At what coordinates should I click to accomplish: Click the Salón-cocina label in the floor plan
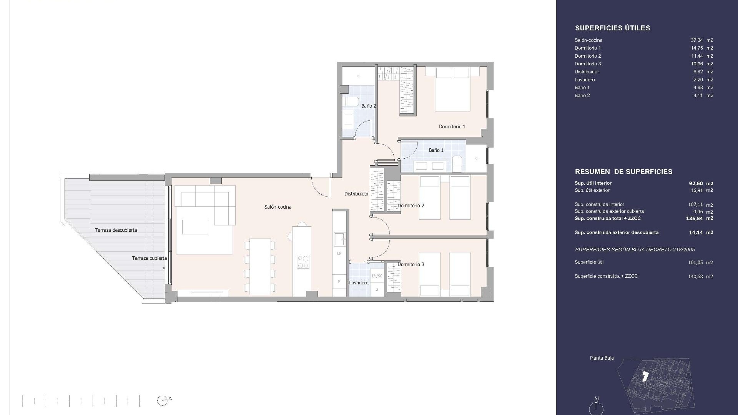point(278,207)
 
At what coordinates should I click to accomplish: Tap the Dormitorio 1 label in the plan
point(452,126)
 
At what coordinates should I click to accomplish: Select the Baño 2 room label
point(368,106)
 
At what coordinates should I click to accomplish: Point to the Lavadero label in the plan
point(359,283)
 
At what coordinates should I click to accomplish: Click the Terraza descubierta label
point(116,230)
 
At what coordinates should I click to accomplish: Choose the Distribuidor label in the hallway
point(356,194)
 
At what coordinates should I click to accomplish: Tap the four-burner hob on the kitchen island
point(303,262)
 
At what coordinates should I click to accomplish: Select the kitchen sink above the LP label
point(339,239)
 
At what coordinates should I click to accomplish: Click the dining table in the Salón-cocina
point(260,266)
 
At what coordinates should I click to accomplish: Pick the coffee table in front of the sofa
point(195,227)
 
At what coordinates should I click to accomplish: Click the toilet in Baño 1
point(457,164)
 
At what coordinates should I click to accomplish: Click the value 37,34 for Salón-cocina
point(696,40)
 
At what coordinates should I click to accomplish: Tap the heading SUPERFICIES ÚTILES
point(612,28)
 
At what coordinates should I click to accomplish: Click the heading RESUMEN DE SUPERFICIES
point(623,172)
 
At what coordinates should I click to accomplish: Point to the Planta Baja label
point(602,358)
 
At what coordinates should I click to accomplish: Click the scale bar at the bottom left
point(81,401)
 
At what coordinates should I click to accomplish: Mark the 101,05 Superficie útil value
point(695,262)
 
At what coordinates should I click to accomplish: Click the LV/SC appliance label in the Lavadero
point(377,276)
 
